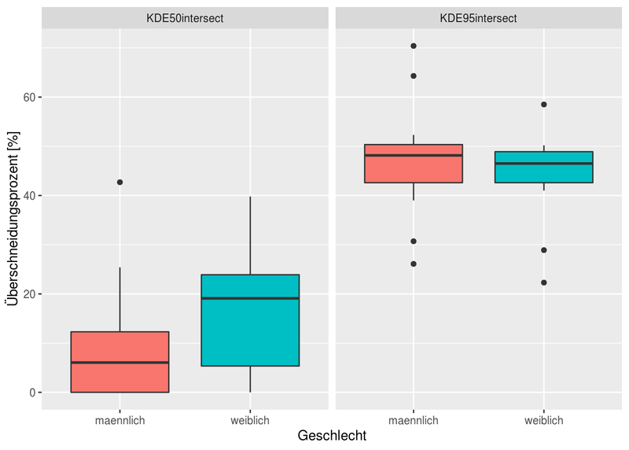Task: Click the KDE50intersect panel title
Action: click(x=185, y=18)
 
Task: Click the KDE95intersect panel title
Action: click(x=478, y=18)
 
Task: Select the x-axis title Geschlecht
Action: click(x=331, y=435)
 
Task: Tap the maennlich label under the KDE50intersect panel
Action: click(x=120, y=421)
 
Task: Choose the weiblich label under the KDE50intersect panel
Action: click(x=250, y=421)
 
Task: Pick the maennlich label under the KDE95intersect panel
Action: click(x=414, y=421)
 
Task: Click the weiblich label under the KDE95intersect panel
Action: click(x=544, y=421)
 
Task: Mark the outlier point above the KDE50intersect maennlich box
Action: click(x=120, y=182)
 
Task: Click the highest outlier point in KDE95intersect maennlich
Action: click(x=414, y=46)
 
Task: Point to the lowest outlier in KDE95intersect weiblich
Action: click(x=544, y=282)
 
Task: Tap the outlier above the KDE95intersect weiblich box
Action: click(x=544, y=104)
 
